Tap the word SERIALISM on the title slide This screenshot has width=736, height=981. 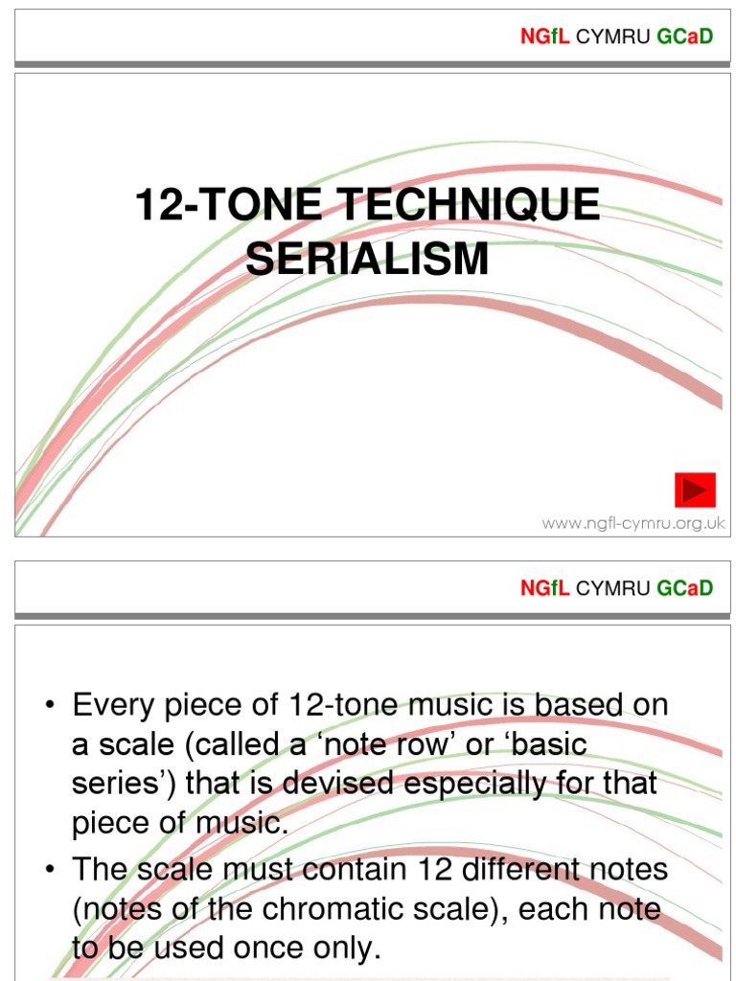click(x=367, y=259)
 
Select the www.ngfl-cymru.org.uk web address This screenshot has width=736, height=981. click(x=633, y=523)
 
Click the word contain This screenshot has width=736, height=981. click(x=349, y=870)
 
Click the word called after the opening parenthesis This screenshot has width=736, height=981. click(x=208, y=743)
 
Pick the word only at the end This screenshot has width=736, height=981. click(x=348, y=948)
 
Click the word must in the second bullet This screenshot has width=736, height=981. click(x=261, y=870)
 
